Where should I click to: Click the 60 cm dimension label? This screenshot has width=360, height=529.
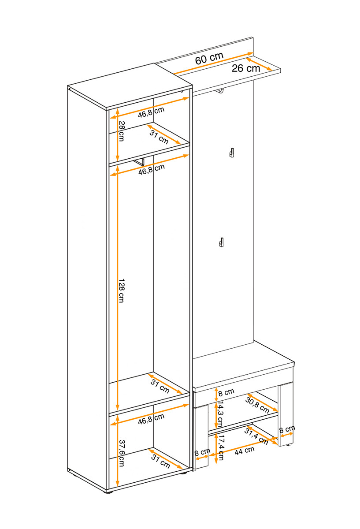coord(209,58)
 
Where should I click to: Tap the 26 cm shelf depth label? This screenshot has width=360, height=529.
coord(246,68)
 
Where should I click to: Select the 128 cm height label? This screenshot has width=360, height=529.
coord(121,291)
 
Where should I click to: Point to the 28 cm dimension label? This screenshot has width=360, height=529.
coord(121,131)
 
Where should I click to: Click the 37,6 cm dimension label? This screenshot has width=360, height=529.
coord(121,453)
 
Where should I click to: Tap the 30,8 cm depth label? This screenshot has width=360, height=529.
coord(257,405)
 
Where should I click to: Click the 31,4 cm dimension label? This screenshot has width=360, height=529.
coord(256,436)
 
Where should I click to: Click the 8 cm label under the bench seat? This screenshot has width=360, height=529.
coord(226,392)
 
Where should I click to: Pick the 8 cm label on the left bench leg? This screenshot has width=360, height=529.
coord(202,452)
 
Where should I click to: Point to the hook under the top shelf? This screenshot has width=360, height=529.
coord(219,91)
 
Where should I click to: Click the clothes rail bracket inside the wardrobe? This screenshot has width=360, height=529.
coord(140,162)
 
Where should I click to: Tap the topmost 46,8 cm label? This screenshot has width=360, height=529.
coord(151,112)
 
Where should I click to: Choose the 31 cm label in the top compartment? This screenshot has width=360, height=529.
coord(159,137)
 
